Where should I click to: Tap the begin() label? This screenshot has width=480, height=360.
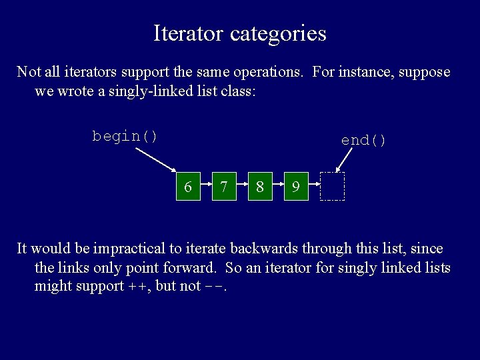(x=125, y=136)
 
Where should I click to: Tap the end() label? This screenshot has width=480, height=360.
(x=363, y=140)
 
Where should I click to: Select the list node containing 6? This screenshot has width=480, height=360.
(x=188, y=187)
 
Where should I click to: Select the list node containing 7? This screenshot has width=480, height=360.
(x=224, y=187)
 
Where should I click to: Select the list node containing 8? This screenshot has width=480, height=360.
(x=260, y=187)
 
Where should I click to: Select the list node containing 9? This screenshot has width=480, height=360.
(x=295, y=187)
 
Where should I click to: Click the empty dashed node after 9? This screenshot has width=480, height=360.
(x=332, y=187)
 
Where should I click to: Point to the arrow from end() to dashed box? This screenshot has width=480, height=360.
(x=345, y=161)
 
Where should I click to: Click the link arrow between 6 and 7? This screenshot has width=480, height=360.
(x=206, y=181)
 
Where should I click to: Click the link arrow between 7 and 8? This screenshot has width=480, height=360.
(x=242, y=181)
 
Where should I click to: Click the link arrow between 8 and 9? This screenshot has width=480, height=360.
(x=278, y=181)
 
